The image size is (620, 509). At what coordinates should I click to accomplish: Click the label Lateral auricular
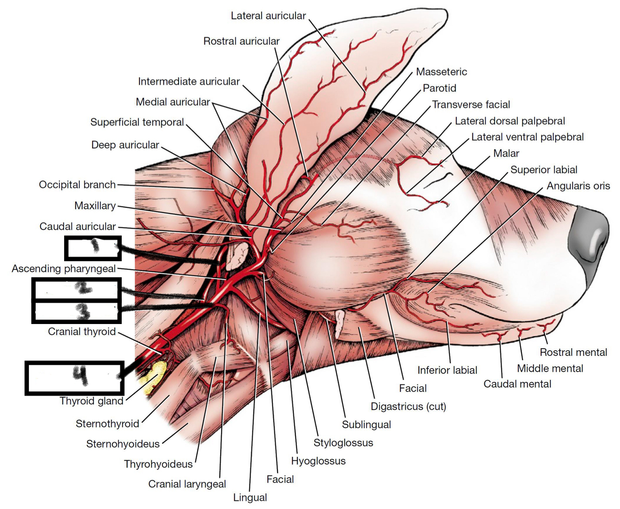[268, 16]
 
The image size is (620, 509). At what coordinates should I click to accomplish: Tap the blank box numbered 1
[93, 248]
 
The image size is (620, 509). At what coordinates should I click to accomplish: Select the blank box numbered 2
[77, 289]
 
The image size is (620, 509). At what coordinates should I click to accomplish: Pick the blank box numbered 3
[77, 312]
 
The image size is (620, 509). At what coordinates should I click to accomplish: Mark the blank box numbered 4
[74, 377]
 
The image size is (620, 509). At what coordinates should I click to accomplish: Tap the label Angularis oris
[578, 186]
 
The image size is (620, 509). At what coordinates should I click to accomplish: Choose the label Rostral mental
[573, 352]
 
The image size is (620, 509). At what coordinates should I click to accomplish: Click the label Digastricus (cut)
[408, 406]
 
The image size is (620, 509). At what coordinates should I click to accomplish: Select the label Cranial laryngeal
[187, 484]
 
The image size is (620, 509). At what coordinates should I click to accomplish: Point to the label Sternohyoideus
[123, 444]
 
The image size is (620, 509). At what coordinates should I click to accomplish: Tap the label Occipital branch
[77, 185]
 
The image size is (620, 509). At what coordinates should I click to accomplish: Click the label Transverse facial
[471, 105]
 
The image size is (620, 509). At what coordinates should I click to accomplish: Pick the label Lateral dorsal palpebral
[509, 121]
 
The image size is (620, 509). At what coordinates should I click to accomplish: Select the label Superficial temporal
[137, 122]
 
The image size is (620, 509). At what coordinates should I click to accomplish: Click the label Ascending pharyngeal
[64, 269]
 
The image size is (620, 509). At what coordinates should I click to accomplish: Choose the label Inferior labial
[447, 370]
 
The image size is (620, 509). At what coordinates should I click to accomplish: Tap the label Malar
[506, 153]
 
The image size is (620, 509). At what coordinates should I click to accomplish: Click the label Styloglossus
[343, 443]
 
